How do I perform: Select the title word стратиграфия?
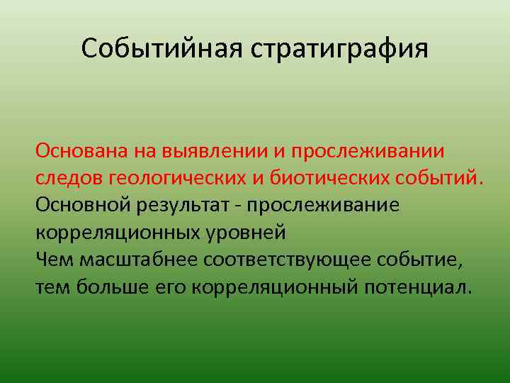click(338, 49)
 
